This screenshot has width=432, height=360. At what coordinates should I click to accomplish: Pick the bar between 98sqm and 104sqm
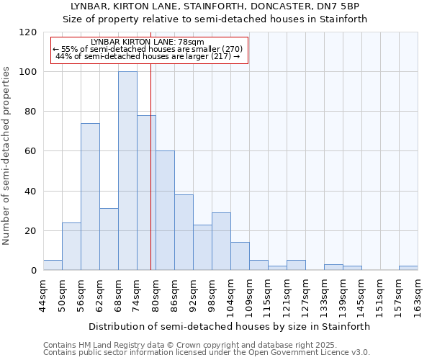221,241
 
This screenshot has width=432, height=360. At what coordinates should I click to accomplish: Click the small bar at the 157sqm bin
408,268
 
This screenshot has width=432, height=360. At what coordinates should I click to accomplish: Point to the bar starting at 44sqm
53,265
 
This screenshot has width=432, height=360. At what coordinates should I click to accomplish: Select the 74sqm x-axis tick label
137,295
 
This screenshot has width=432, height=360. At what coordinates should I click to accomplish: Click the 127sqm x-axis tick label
305,295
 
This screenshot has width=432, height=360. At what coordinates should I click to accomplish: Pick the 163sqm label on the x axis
418,295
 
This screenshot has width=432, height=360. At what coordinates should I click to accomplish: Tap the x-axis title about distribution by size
230,326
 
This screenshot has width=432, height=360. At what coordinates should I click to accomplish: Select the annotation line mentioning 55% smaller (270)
148,49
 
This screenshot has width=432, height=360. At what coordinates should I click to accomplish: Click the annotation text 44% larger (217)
148,56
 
